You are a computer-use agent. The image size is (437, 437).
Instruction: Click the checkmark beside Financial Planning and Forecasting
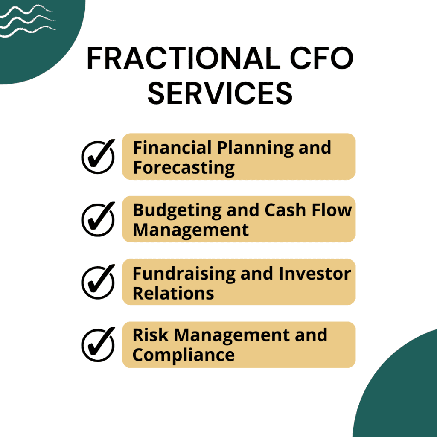[x=98, y=156]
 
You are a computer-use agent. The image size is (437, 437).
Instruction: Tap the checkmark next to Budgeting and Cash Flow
[x=98, y=219]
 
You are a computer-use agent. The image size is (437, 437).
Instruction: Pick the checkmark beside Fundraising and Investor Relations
[x=98, y=282]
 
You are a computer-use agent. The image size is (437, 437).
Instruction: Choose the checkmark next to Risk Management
[x=98, y=344]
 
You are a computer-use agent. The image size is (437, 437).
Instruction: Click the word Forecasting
[x=184, y=168]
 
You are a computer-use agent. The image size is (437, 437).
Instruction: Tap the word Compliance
[x=183, y=355]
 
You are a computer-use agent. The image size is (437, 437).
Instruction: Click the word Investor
[x=315, y=274]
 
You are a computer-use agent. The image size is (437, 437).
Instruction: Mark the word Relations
[x=173, y=293]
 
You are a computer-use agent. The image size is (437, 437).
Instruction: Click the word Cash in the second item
[x=282, y=210]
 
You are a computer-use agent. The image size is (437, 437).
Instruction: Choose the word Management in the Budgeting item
[x=190, y=230]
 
